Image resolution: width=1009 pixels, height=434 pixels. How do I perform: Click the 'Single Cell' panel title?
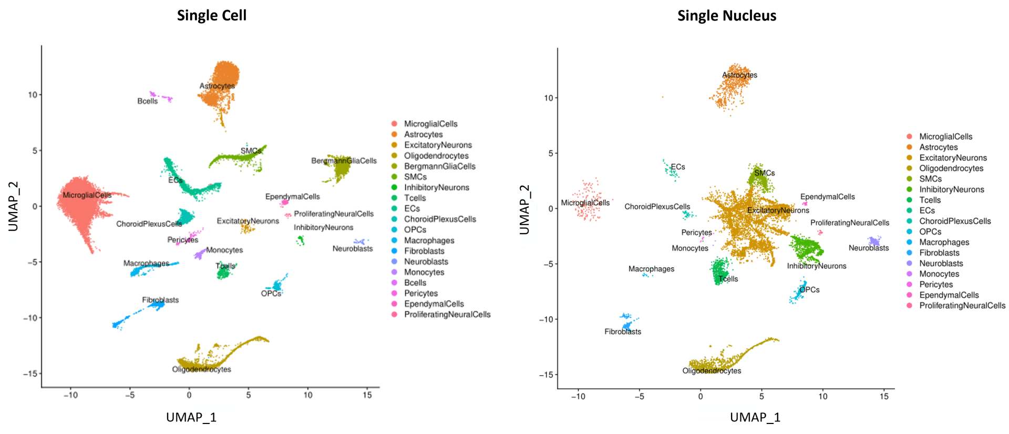(x=211, y=16)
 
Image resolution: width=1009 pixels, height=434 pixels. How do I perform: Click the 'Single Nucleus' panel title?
(x=726, y=16)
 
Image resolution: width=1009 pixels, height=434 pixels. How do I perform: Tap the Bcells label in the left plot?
(x=147, y=101)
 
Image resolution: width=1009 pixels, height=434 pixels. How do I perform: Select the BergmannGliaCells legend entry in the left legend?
(x=439, y=166)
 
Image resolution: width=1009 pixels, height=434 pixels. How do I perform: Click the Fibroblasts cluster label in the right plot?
(x=622, y=331)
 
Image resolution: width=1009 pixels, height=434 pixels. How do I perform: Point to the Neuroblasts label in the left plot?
(x=352, y=248)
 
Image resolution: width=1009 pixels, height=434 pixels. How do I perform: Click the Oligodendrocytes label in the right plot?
(x=712, y=370)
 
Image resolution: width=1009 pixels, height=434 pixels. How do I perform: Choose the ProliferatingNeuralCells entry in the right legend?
(x=962, y=306)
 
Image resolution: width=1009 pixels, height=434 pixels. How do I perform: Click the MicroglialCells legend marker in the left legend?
(x=394, y=124)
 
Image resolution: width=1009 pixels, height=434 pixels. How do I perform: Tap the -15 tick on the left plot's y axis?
(x=30, y=374)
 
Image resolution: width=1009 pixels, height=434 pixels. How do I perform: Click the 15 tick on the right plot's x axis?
(x=884, y=396)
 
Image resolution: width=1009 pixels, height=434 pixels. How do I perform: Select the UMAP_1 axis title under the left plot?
(x=191, y=418)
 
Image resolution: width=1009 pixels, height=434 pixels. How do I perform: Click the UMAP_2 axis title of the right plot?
(x=524, y=208)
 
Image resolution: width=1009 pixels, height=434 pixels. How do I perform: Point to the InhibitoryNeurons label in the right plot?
(x=816, y=266)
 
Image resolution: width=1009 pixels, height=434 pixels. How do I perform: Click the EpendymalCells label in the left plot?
(x=292, y=196)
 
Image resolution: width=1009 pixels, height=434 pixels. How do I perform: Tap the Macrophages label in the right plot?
(x=651, y=269)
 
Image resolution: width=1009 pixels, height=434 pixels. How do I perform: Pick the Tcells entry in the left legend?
(x=415, y=198)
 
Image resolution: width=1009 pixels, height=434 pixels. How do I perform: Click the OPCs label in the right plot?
(x=809, y=289)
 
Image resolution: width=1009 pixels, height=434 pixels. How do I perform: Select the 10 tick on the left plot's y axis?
(x=33, y=95)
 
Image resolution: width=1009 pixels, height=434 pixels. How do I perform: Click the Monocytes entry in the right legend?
(x=939, y=274)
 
